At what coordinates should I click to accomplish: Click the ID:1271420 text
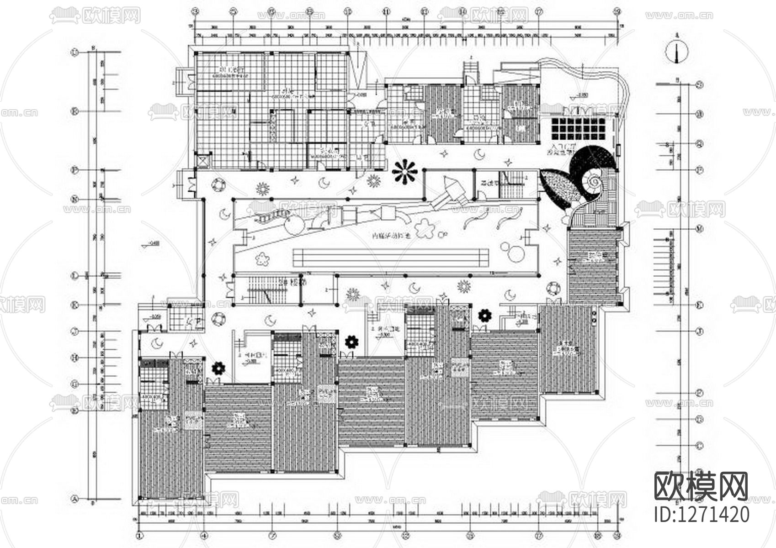pyautogui.click(x=702, y=515)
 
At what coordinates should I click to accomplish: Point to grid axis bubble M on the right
pyautogui.click(x=699, y=229)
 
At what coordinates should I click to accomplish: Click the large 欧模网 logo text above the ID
pyautogui.click(x=702, y=486)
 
